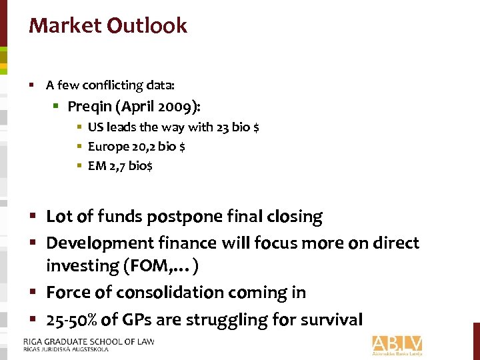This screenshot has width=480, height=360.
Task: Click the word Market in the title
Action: [64, 26]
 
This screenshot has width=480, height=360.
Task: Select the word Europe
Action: [107, 147]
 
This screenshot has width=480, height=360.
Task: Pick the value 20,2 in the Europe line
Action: [141, 147]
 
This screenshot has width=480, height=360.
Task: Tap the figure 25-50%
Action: [73, 319]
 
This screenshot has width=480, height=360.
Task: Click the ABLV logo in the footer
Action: [397, 344]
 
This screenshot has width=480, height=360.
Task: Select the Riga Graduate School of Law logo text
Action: [88, 344]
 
